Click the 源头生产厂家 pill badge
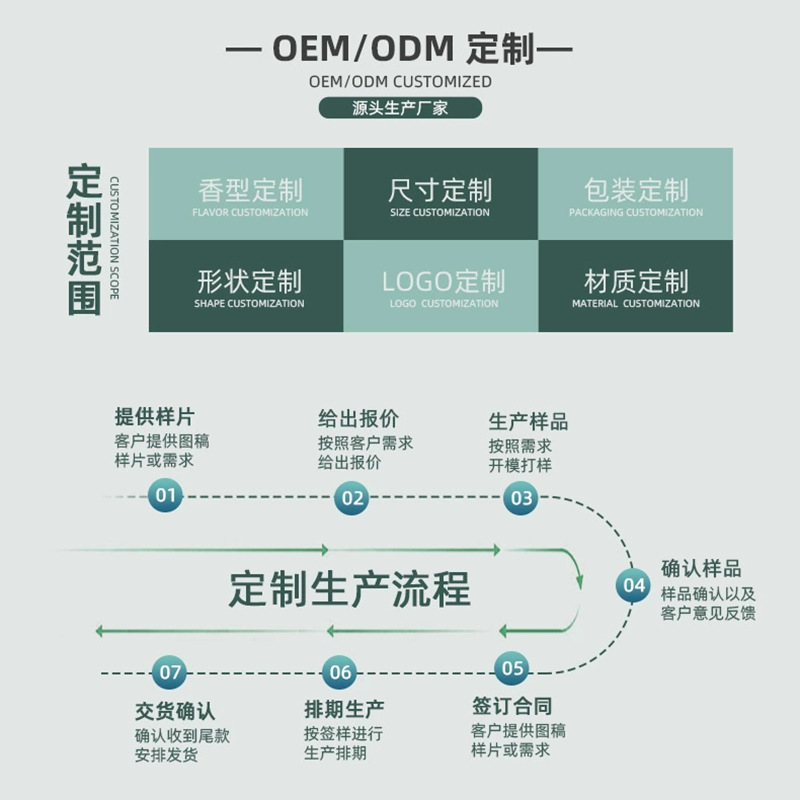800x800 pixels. pyautogui.click(x=400, y=108)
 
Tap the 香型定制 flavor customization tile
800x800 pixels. pyautogui.click(x=246, y=194)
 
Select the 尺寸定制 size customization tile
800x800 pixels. pyautogui.click(x=440, y=194)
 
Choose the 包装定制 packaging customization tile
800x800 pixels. pyautogui.click(x=636, y=194)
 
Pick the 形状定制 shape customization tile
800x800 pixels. pyautogui.click(x=246, y=286)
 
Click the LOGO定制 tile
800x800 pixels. pyautogui.click(x=440, y=286)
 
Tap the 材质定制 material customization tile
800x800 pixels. pyautogui.click(x=636, y=286)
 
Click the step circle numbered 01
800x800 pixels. pyautogui.click(x=166, y=495)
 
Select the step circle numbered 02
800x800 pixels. pyautogui.click(x=353, y=497)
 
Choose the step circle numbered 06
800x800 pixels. pyautogui.click(x=341, y=672)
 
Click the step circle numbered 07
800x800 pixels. pyautogui.click(x=171, y=672)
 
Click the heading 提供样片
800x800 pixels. pyautogui.click(x=154, y=417)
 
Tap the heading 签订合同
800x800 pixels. pyautogui.click(x=512, y=706)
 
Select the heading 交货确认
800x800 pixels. pyautogui.click(x=175, y=712)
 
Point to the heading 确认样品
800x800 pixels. pyautogui.click(x=701, y=568)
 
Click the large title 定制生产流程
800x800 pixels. pyautogui.click(x=349, y=590)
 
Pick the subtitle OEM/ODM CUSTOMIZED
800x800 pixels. pyautogui.click(x=400, y=81)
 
